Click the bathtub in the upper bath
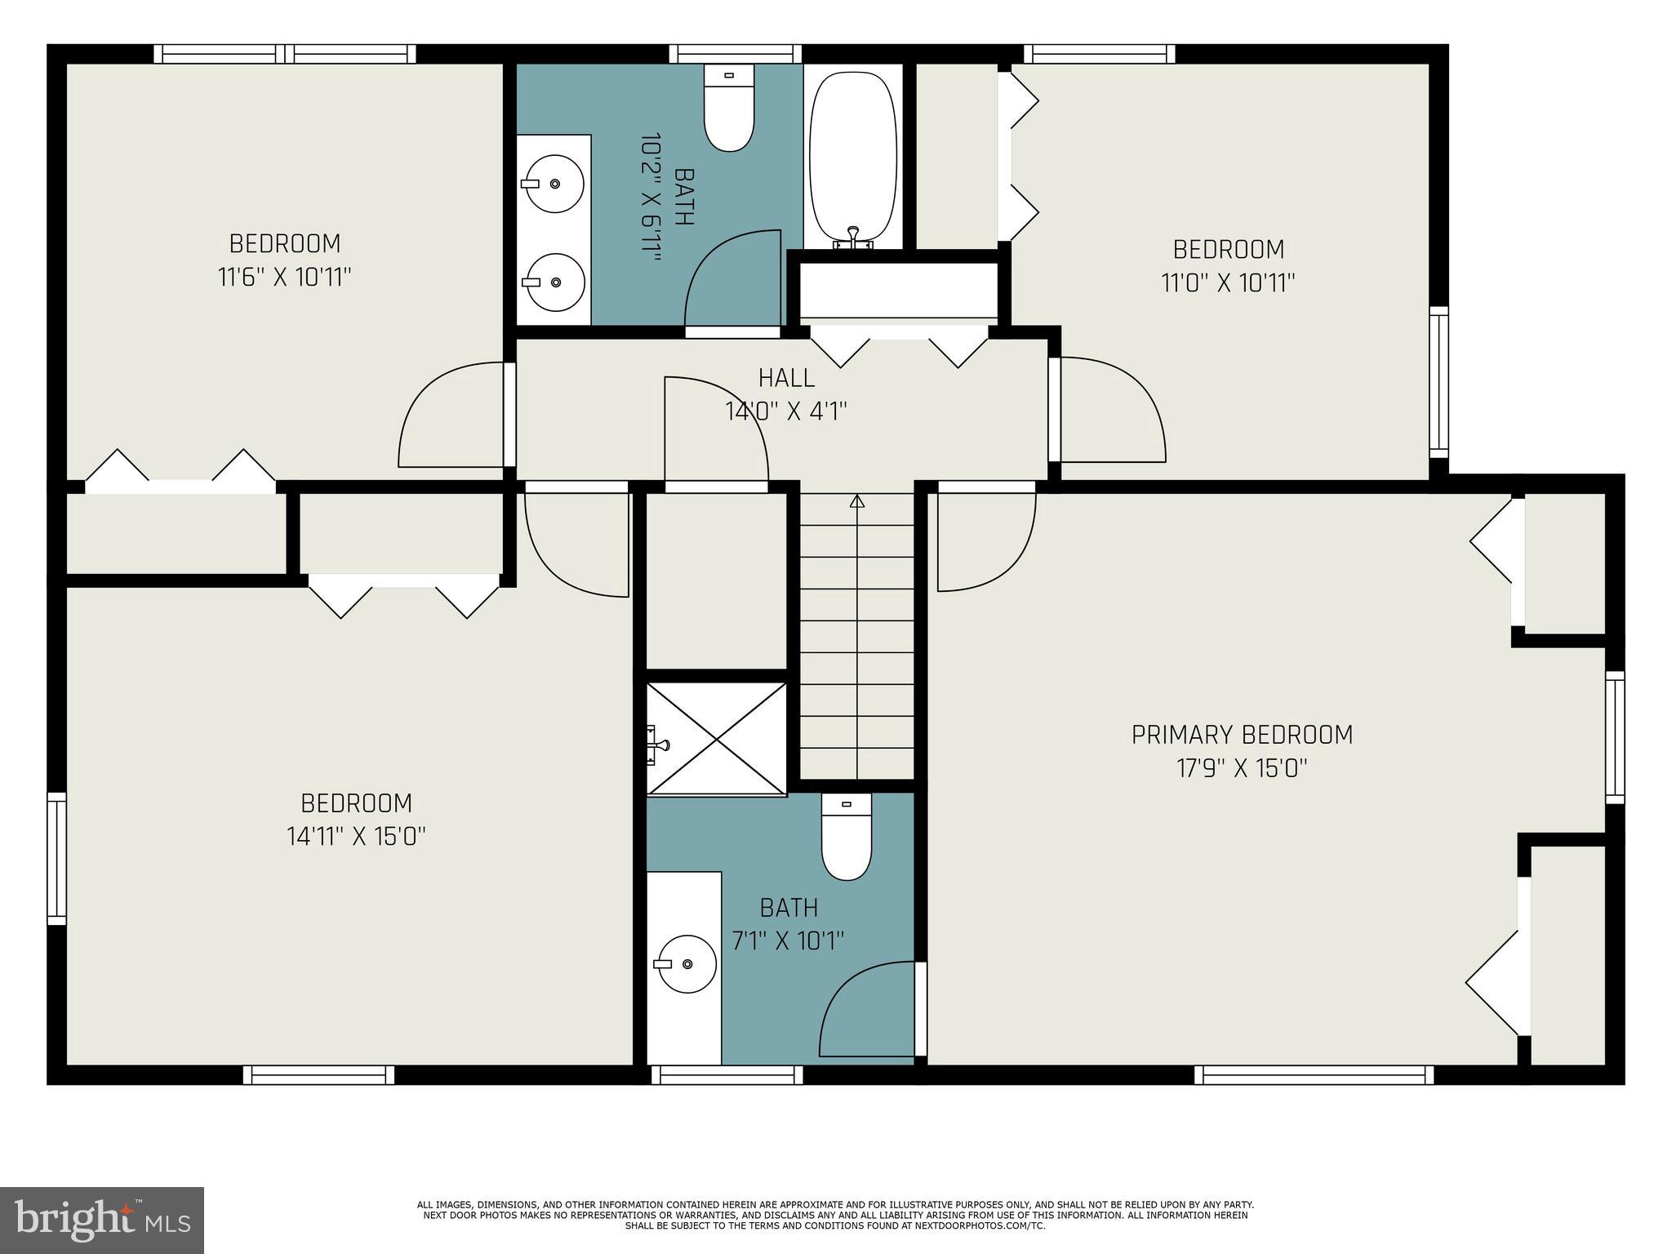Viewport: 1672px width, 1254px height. click(x=853, y=155)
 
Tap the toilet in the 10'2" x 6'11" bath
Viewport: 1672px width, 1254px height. click(x=729, y=110)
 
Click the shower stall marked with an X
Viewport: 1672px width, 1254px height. click(x=717, y=739)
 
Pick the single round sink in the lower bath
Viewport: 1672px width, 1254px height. click(x=687, y=964)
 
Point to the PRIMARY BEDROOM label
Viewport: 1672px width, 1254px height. click(x=1241, y=735)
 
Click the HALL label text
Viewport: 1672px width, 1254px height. click(x=786, y=378)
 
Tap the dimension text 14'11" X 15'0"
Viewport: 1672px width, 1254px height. click(x=356, y=837)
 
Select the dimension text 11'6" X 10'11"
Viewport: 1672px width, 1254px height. click(x=284, y=278)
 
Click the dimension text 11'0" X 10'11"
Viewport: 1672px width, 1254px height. click(x=1228, y=283)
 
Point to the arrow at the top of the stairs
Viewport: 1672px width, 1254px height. click(x=856, y=501)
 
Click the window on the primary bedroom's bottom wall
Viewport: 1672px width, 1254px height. click(x=1313, y=1075)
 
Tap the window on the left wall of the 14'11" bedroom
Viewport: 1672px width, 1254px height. click(x=56, y=858)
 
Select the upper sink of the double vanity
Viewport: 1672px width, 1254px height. click(x=554, y=184)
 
